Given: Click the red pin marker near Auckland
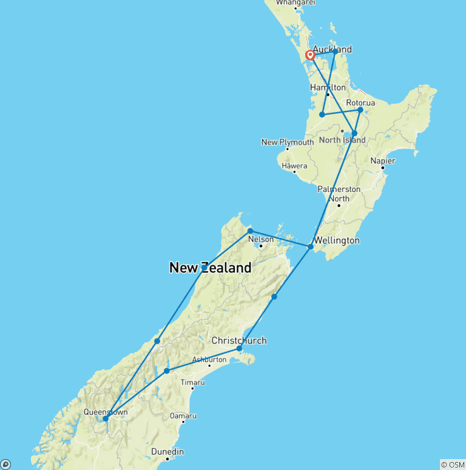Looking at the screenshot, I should [x=311, y=56].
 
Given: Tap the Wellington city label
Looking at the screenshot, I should [x=337, y=240].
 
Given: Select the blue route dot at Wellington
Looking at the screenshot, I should [x=310, y=247].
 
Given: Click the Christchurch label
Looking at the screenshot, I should [x=238, y=340].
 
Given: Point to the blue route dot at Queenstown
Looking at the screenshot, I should [x=106, y=419].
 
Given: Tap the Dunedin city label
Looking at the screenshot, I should [x=167, y=452].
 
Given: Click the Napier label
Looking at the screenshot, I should [x=383, y=161].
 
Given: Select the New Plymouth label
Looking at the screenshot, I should [x=288, y=142].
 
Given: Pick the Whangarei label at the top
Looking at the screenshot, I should [x=295, y=3].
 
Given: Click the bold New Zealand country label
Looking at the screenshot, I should [x=210, y=268].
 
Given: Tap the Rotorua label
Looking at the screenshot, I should [x=360, y=103].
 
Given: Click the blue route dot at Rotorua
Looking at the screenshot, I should [x=360, y=110].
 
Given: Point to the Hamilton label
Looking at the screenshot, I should [x=328, y=88].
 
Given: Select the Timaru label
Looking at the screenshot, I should [x=192, y=383].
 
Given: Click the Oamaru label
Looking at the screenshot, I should [x=183, y=415].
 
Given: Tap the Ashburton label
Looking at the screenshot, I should [x=209, y=359].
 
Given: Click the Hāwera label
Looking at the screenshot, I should [x=294, y=166].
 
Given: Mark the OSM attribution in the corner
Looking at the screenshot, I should [x=452, y=465].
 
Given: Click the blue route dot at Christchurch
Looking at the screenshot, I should [x=239, y=349].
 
